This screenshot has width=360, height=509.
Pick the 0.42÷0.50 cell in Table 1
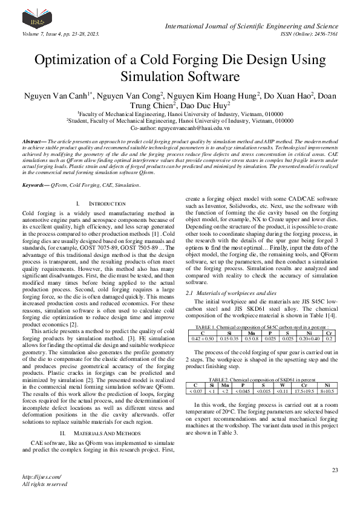click(x=202, y=338)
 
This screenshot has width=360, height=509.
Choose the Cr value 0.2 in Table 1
click(x=329, y=338)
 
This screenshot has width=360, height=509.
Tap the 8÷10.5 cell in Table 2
click(x=327, y=391)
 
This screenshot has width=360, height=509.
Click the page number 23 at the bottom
click(x=335, y=470)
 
